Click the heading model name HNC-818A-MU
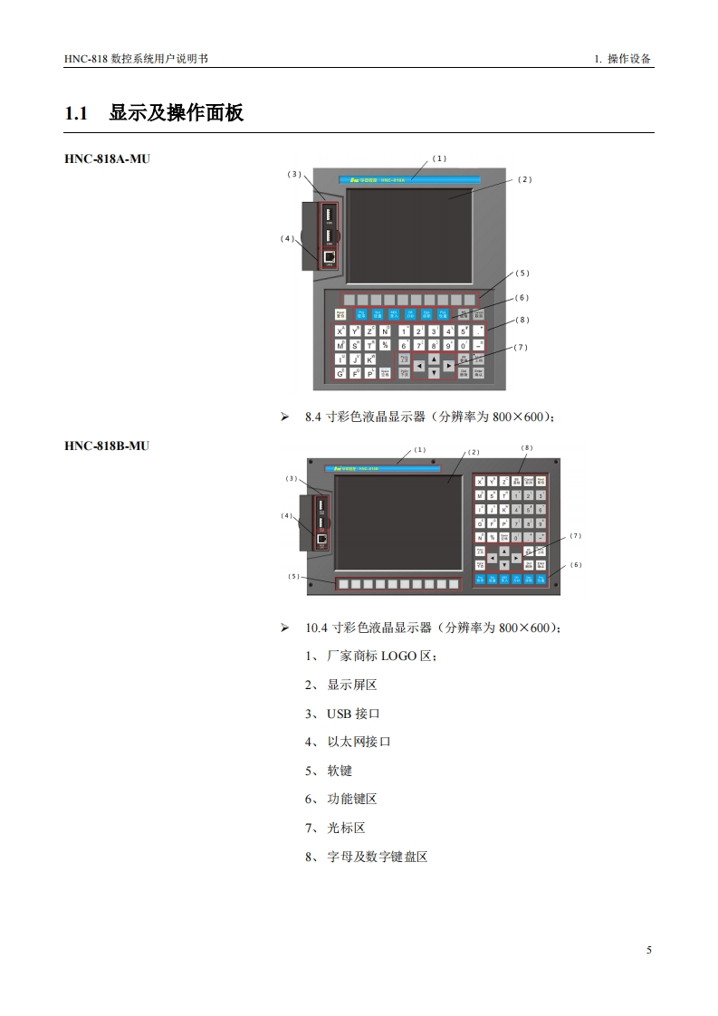[107, 158]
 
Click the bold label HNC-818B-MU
[107, 446]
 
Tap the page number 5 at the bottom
[648, 950]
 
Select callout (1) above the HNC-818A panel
[439, 158]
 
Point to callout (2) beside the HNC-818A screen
[524, 179]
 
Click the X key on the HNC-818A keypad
[340, 331]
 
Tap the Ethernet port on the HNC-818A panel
[330, 256]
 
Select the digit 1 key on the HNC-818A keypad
[405, 331]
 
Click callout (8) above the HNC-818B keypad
[528, 447]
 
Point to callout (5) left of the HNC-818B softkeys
[293, 576]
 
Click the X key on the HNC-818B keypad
[480, 483]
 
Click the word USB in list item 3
[339, 714]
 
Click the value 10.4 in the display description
[317, 627]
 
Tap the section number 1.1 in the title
[76, 114]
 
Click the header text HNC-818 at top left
[86, 58]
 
